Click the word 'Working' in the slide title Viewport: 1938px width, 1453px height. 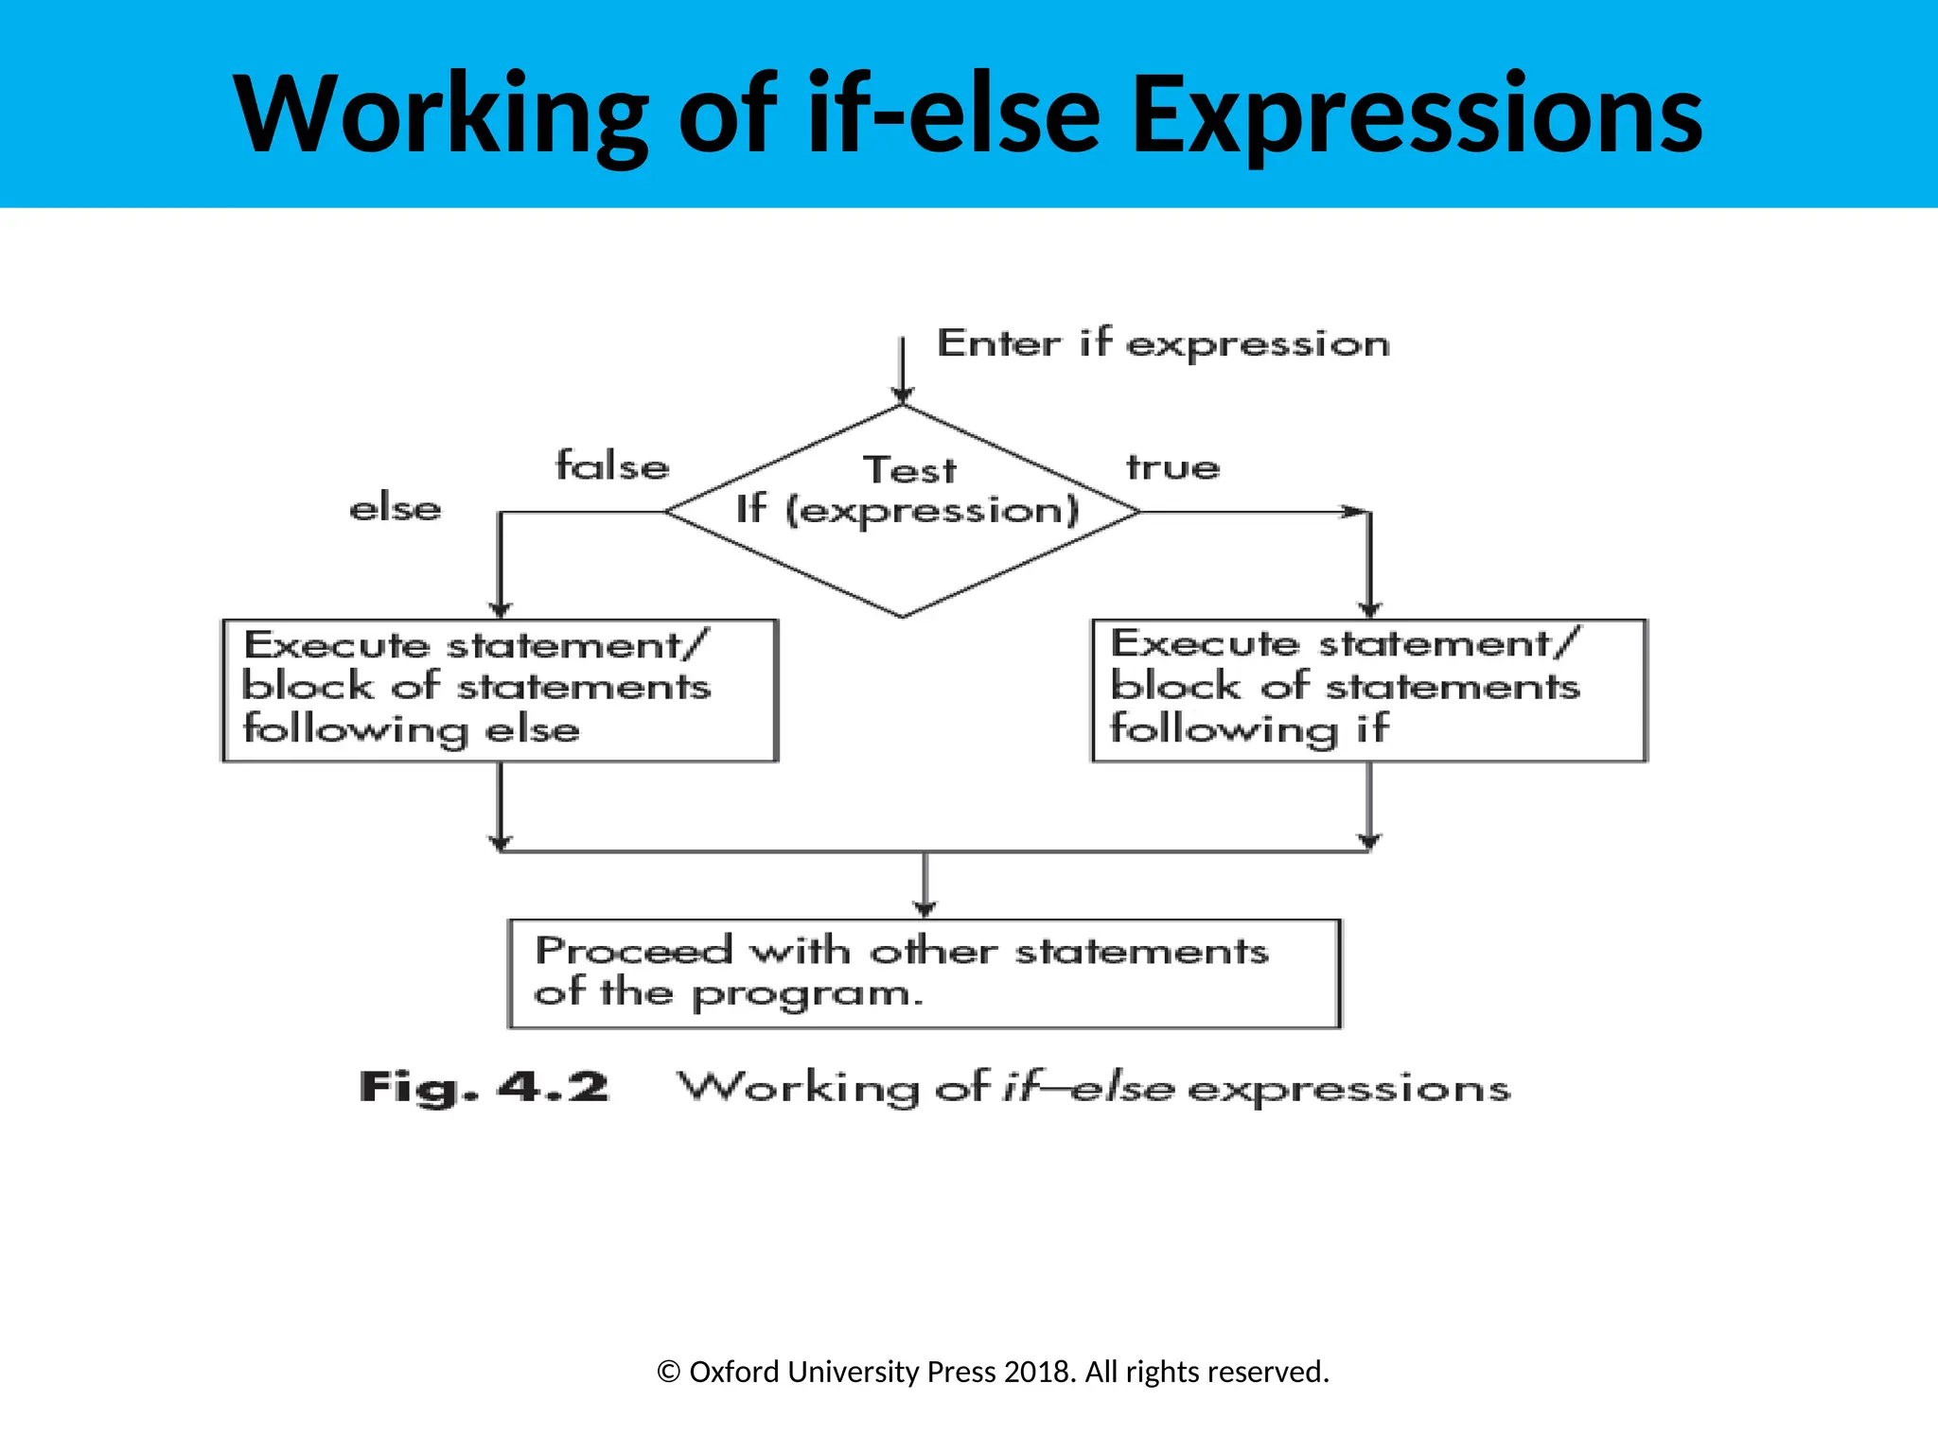440,115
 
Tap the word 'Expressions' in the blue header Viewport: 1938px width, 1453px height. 1417,115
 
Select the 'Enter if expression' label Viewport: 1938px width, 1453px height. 1163,343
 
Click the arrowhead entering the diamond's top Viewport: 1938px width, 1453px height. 903,394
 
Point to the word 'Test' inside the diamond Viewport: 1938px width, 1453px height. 909,470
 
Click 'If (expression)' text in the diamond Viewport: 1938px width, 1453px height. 907,511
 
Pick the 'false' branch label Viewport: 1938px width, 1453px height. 612,466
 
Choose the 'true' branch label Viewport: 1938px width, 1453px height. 1172,467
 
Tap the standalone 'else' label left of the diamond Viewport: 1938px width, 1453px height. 396,509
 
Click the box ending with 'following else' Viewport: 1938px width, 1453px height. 500,690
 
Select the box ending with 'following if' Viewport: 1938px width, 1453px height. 1368,690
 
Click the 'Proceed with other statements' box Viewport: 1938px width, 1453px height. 924,973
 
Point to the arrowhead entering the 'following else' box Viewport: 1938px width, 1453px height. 501,610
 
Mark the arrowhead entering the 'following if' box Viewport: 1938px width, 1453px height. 1369,610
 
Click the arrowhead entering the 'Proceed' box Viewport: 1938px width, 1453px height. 925,909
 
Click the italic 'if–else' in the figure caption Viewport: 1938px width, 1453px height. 1088,1088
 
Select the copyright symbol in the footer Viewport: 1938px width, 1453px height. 668,1373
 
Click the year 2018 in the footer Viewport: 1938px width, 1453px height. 1037,1372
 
